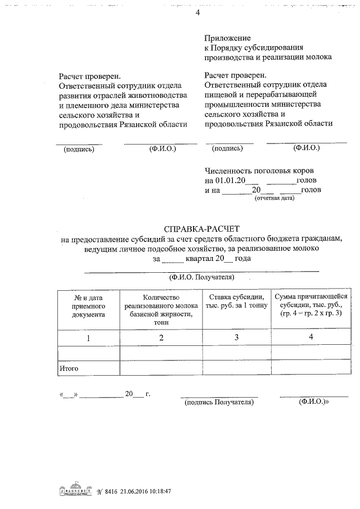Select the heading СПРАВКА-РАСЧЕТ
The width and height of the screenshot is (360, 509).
201,229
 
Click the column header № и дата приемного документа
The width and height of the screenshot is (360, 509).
88,306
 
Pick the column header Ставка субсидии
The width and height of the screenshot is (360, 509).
234,301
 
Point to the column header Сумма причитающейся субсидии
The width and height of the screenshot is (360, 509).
311,305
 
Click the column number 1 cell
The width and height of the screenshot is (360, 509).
88,338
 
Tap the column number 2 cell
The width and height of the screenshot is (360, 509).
161,338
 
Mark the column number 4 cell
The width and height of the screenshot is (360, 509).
311,337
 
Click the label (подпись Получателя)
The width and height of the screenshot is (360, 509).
219,403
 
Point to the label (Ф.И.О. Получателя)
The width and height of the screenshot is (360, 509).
201,278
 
